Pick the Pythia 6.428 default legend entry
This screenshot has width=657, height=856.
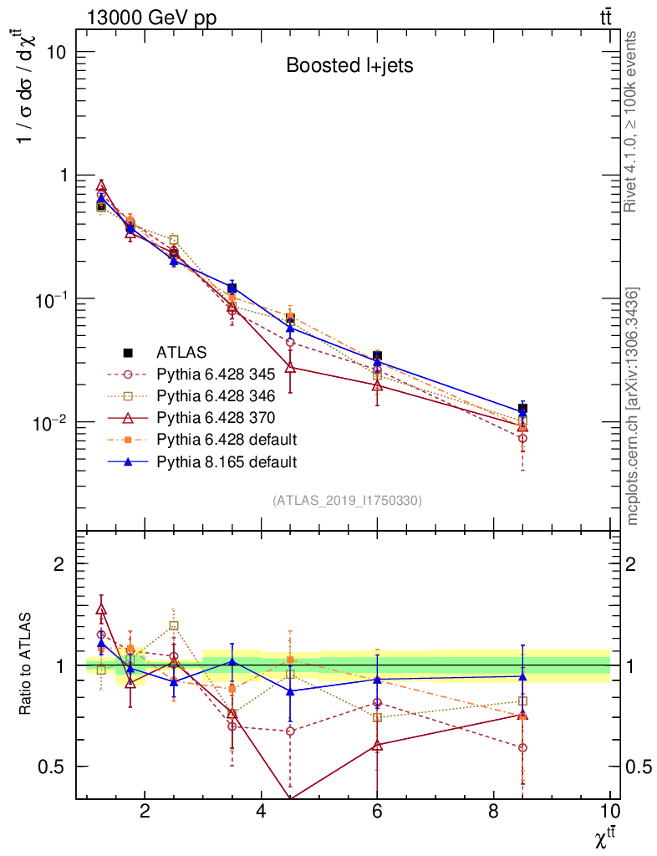tap(222, 440)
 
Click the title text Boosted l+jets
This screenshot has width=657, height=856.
tap(349, 66)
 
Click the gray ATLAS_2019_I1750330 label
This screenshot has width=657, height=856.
tap(347, 501)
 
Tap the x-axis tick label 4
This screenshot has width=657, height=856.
tap(261, 812)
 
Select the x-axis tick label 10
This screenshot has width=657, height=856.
tap(609, 812)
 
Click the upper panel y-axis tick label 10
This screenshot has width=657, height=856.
tap(55, 52)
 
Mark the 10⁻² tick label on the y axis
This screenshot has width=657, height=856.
tap(50, 422)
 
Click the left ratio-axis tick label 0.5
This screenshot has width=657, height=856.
tap(53, 767)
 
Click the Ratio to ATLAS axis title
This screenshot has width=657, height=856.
tap(27, 665)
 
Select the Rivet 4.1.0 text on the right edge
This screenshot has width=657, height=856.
tap(632, 122)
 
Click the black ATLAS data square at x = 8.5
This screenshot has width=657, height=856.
tap(522, 409)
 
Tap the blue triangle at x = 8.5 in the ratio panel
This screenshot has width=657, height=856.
tap(522, 676)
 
